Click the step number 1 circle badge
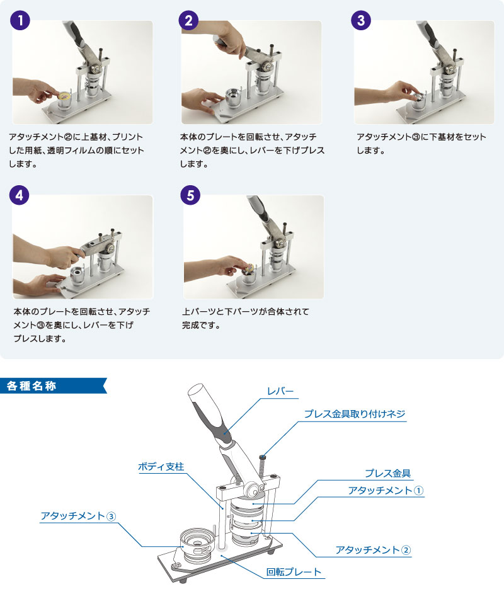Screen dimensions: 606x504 (x=21, y=20)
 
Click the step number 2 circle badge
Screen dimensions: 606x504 (x=188, y=20)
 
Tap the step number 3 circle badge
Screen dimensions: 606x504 (x=360, y=20)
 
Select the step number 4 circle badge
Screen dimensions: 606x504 (x=21, y=195)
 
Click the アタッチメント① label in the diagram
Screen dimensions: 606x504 (x=385, y=490)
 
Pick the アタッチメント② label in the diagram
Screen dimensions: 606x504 (x=372, y=550)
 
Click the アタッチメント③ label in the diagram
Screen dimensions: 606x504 (x=78, y=516)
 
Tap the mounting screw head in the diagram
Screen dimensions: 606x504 (x=262, y=459)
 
